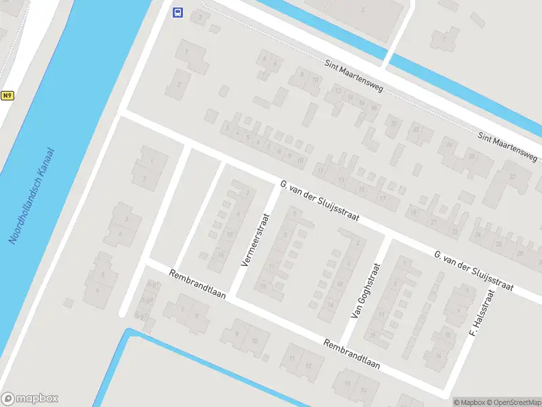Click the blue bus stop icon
coord(178,12)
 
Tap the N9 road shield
coord(7,96)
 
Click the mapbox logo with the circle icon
coord(30,398)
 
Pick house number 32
coord(512,176)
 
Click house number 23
coord(455,231)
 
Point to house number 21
coord(434,222)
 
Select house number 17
coord(383,198)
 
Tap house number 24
coord(478,235)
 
